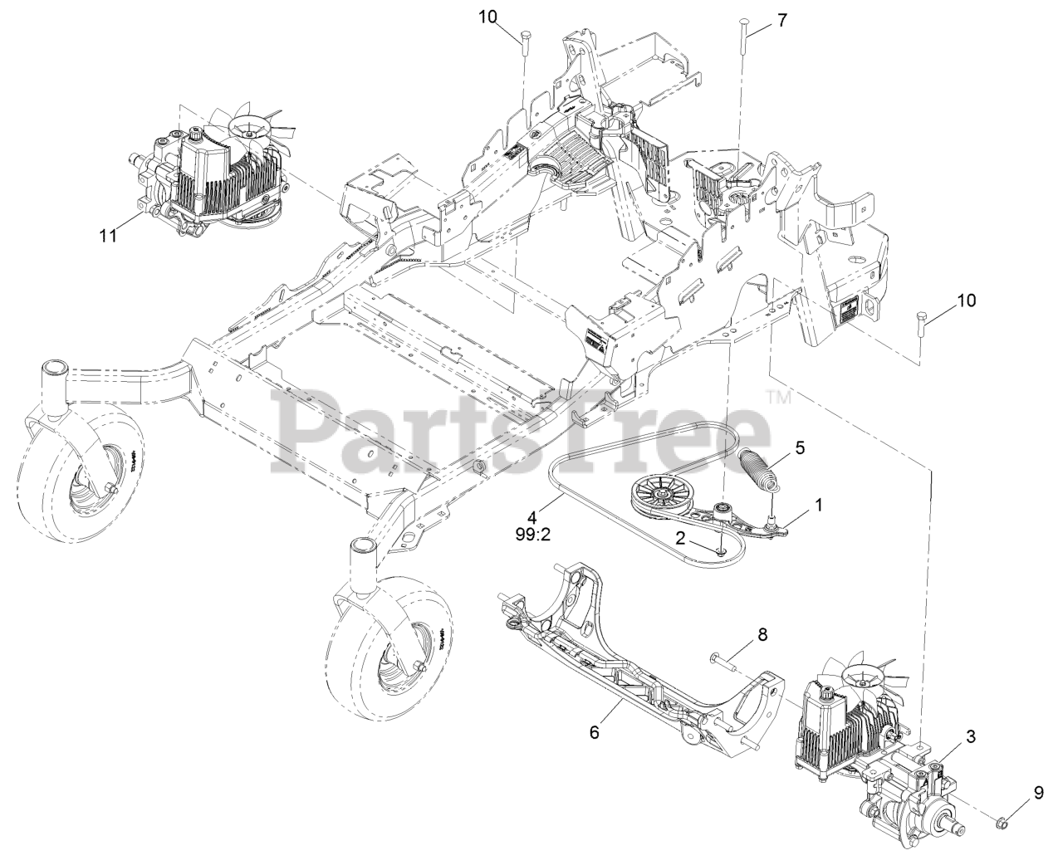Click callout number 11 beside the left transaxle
point(107,236)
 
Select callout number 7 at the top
point(782,21)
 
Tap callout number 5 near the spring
point(800,447)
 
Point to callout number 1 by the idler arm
point(819,504)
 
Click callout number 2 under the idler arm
point(679,538)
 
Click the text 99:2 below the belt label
point(533,535)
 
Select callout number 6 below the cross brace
point(594,732)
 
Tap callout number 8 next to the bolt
point(762,635)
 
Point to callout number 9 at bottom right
point(1038,793)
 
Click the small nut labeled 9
point(1003,823)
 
